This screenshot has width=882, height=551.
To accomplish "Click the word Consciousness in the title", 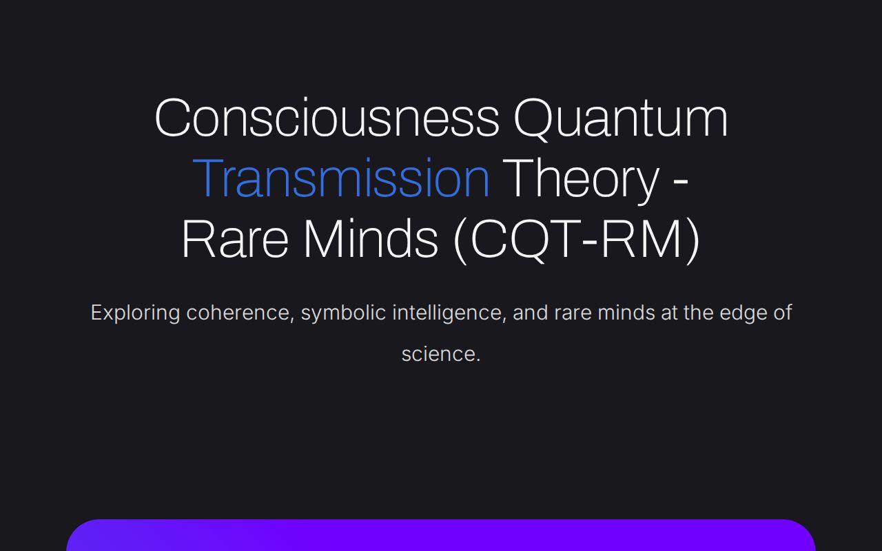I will (327, 118).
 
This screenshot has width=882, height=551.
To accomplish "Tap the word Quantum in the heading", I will (621, 118).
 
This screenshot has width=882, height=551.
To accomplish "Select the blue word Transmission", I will (341, 178).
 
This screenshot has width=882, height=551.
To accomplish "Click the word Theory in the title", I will (580, 178).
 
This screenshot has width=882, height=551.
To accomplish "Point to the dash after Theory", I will (679, 180).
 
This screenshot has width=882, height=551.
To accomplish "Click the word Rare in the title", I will (235, 239).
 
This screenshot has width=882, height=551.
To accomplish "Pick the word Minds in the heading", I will (371, 239).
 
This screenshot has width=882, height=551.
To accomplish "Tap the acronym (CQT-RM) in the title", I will (577, 239).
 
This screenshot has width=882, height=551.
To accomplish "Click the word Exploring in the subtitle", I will (135, 313).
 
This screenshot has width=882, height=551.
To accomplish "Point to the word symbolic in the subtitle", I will (343, 313).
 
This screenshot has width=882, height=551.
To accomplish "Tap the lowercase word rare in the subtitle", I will (573, 313).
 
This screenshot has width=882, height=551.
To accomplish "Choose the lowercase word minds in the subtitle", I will (626, 313).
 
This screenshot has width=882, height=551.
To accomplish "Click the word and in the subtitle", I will (530, 313).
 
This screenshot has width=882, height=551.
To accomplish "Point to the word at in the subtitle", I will (669, 313).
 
